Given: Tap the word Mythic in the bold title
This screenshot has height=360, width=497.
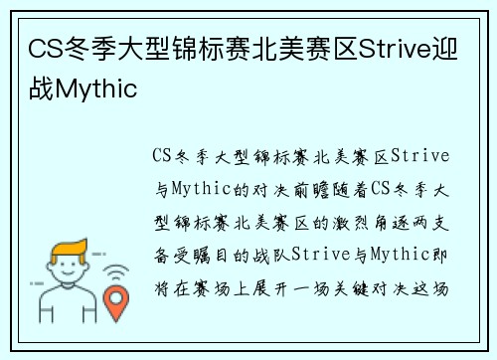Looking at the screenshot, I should point(97,89).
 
